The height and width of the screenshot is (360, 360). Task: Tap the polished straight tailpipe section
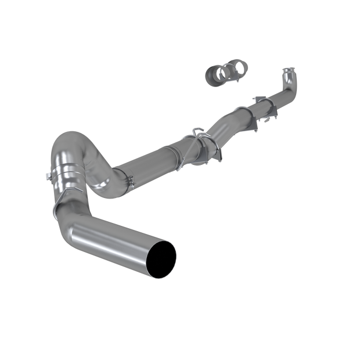116,232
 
